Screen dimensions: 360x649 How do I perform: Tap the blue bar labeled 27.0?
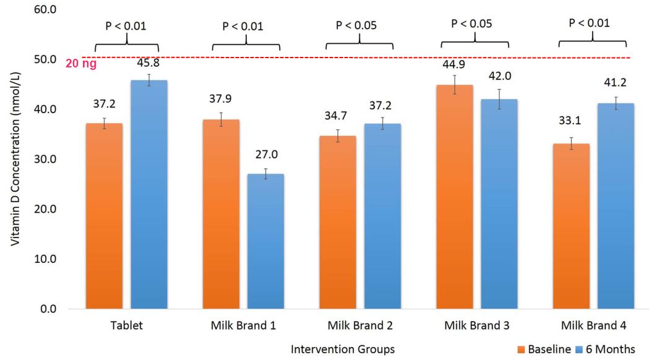point(265,241)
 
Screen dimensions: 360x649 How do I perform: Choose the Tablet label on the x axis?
point(127,325)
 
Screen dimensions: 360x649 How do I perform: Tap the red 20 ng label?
point(81,63)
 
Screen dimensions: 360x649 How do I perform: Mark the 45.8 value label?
point(148,63)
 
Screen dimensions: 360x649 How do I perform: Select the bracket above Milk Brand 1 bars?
point(246,46)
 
